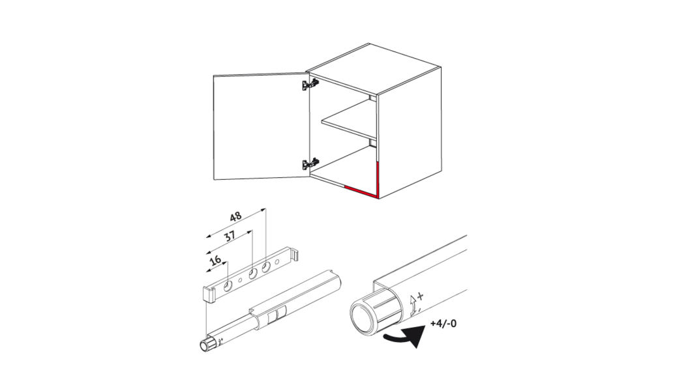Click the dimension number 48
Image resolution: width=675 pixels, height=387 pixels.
(235, 216)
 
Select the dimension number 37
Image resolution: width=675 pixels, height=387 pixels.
(230, 236)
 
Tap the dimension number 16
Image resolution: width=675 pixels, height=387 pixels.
(216, 260)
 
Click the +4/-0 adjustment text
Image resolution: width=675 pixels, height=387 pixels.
(443, 323)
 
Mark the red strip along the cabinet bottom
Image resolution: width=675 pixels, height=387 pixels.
(361, 192)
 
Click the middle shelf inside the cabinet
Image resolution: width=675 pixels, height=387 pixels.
(349, 123)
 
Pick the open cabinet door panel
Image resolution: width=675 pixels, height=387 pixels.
(262, 126)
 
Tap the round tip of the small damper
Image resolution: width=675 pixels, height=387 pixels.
(203, 346)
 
